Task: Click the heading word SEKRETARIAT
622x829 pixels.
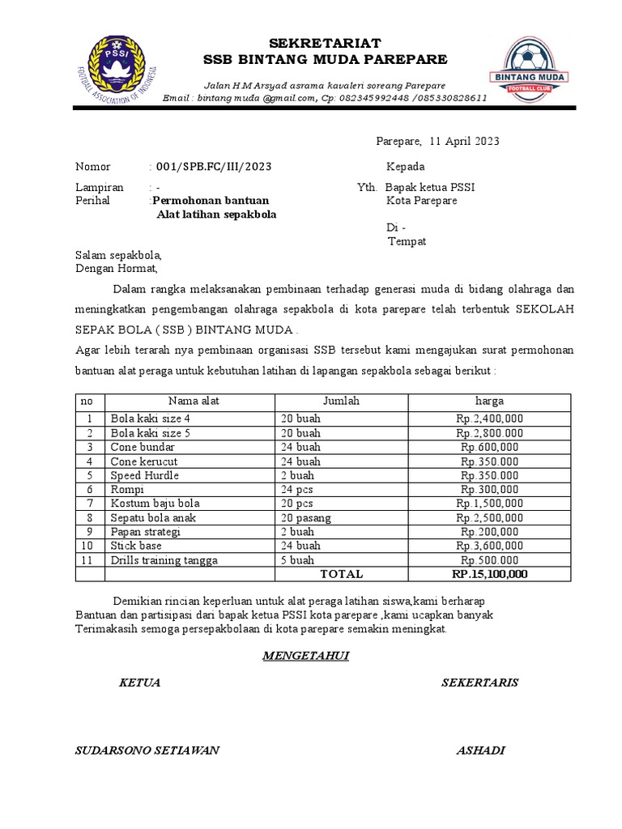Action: (324, 42)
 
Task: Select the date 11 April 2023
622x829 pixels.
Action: (464, 141)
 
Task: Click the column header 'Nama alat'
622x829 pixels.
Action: (194, 401)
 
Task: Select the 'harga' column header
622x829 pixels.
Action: (489, 401)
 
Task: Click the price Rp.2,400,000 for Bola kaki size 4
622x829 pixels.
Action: (489, 419)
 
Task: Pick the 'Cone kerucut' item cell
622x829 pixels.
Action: (144, 461)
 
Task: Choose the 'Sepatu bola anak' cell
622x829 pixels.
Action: (153, 517)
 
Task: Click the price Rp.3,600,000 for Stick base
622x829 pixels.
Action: (489, 546)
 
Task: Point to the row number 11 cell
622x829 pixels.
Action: (90, 560)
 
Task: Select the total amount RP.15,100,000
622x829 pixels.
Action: (489, 574)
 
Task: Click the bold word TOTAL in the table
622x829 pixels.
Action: (342, 574)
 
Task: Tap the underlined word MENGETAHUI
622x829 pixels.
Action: (305, 656)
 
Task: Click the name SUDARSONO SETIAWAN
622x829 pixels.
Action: (147, 750)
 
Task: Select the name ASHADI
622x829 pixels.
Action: (480, 750)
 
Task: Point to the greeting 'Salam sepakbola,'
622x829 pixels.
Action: (118, 255)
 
